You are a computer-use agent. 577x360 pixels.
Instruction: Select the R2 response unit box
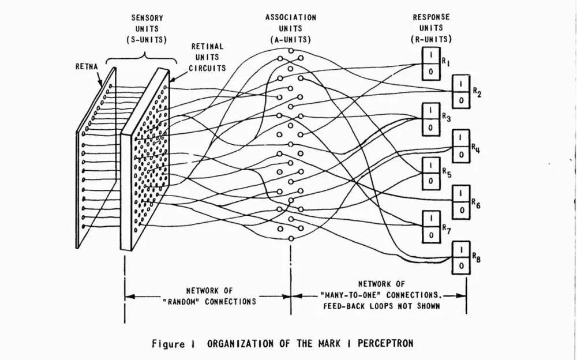(x=460, y=90)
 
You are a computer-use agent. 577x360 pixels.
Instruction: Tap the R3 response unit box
(x=432, y=118)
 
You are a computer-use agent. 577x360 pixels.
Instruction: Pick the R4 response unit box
(x=460, y=147)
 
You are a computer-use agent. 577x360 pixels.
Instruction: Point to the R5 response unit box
(x=432, y=172)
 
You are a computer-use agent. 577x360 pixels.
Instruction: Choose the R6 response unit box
(x=460, y=201)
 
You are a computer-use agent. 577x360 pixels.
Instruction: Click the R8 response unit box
(x=460, y=256)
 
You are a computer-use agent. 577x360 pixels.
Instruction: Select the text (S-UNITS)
(x=146, y=39)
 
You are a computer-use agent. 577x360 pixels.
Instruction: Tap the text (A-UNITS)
(x=290, y=39)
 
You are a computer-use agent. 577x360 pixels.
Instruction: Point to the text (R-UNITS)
(x=432, y=39)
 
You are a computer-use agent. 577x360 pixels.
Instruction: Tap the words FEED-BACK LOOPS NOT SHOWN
(x=380, y=305)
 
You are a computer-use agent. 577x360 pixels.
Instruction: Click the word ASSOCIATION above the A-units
(x=290, y=17)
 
